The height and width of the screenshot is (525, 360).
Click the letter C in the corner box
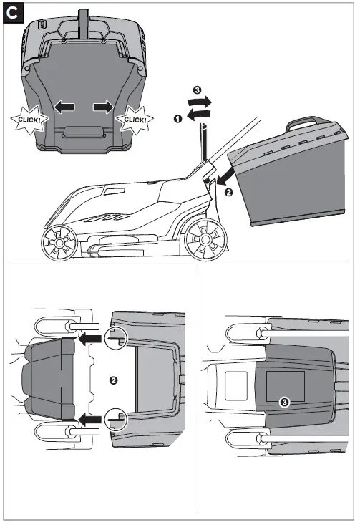pyautogui.click(x=13, y=13)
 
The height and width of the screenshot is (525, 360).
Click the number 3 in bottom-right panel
pyautogui.click(x=285, y=403)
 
